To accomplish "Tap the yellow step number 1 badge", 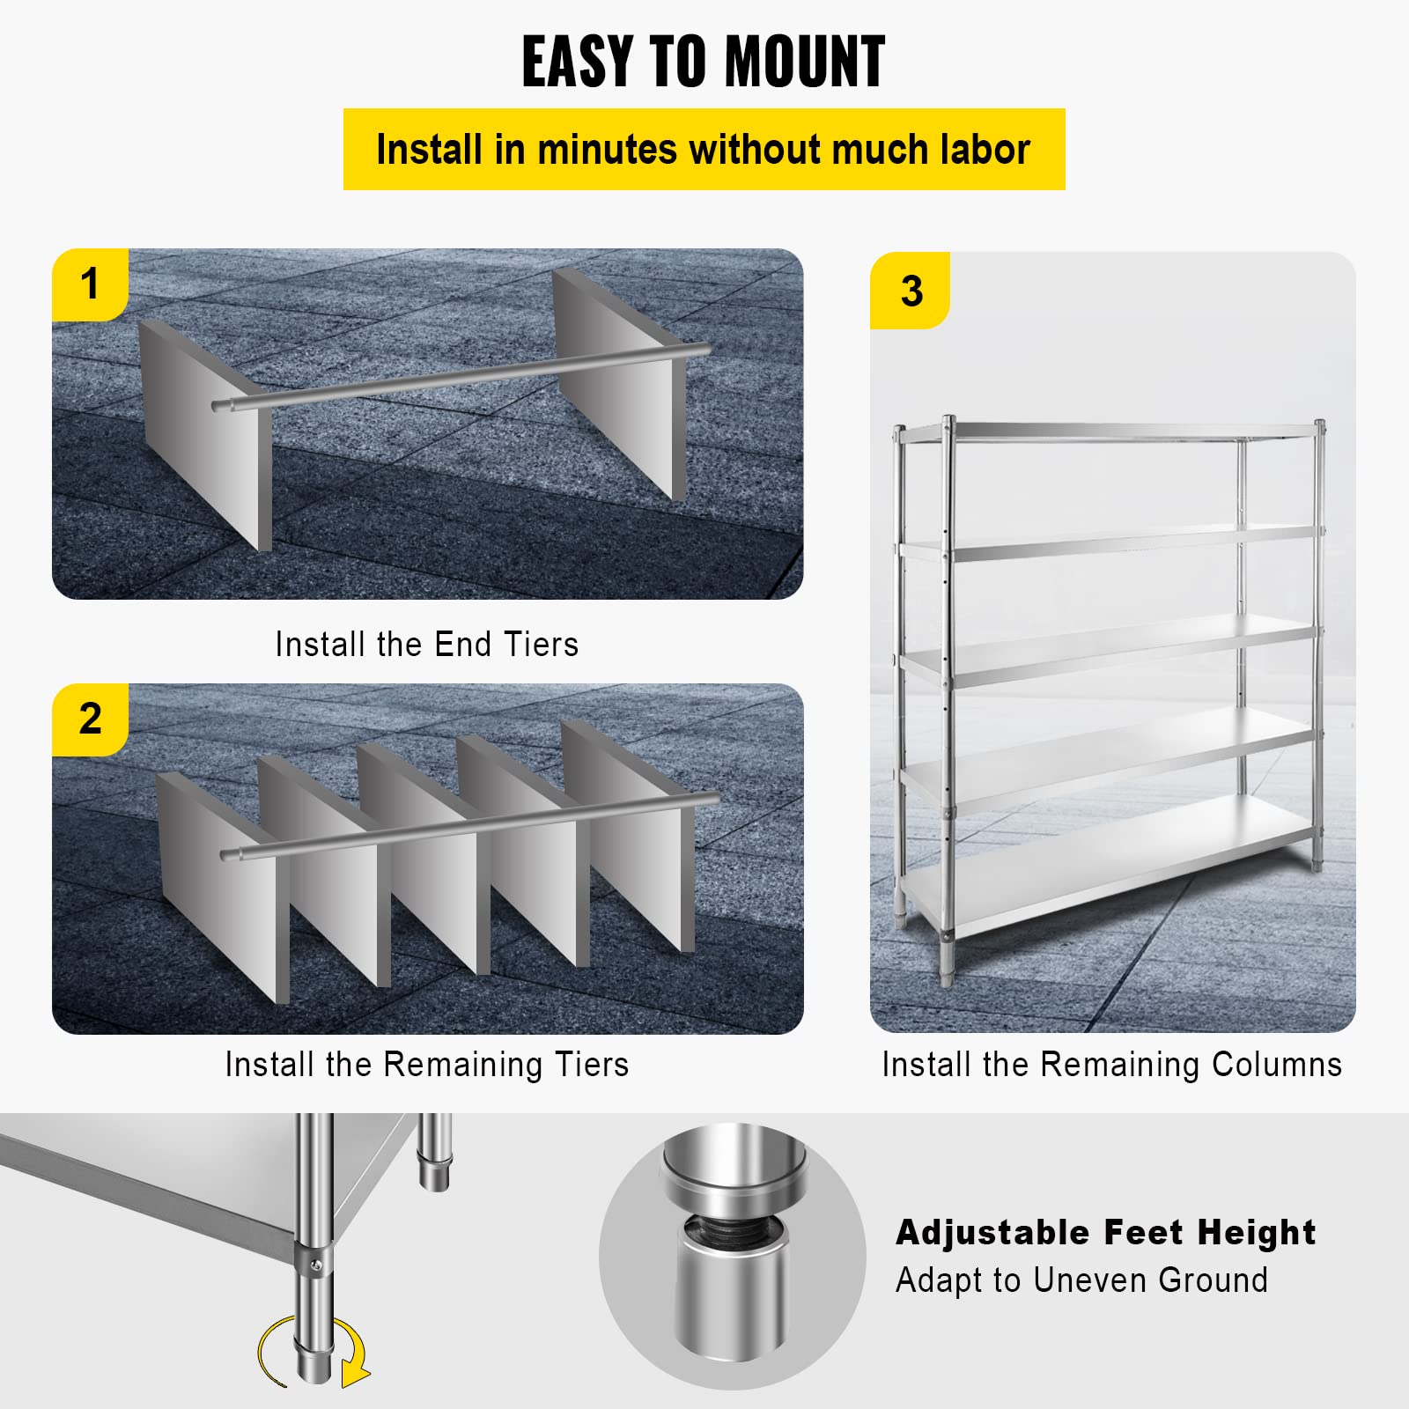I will coord(90,284).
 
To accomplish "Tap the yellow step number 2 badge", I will coord(90,719).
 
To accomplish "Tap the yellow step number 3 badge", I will coord(911,291).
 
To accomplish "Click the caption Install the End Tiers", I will coord(426,645).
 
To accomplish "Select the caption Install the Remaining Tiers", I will coord(426,1065).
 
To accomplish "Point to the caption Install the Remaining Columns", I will coord(1111,1065).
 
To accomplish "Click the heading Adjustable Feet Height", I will coord(1105,1232).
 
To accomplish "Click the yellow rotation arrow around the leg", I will coord(352,1352).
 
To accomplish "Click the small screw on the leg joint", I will coord(316,1265).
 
